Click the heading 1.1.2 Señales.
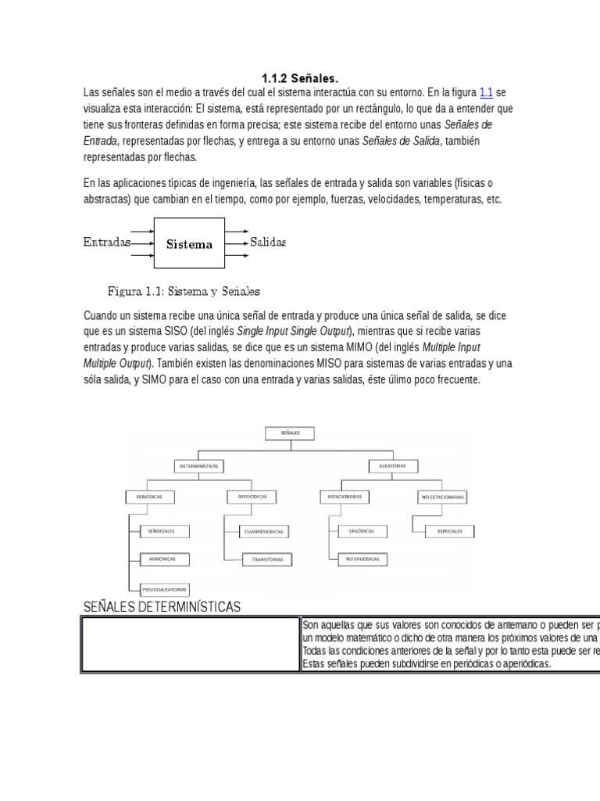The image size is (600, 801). tap(299, 78)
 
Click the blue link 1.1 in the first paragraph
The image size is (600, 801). tap(486, 92)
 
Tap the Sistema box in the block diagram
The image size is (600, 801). tap(189, 243)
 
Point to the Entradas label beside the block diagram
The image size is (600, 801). tap(106, 242)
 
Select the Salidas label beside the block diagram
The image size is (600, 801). tap(268, 242)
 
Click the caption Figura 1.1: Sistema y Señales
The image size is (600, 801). tap(184, 292)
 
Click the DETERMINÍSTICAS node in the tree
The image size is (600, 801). tap(199, 465)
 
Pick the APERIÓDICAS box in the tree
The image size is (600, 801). tap(248, 497)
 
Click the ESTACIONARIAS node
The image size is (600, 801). tap(345, 497)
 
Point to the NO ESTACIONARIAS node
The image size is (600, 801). tap(442, 497)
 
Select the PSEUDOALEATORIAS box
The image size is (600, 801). tap(165, 588)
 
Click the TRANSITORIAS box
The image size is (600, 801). tap(267, 559)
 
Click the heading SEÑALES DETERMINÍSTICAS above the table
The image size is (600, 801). tap(162, 607)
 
